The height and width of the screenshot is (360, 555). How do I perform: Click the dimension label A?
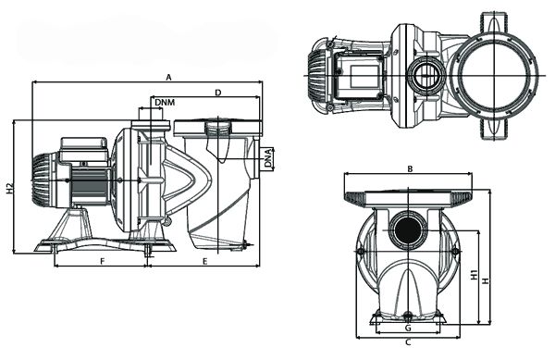(x=169, y=77)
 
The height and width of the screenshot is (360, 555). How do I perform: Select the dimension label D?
(x=218, y=93)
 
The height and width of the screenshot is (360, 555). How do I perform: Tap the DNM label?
(x=165, y=103)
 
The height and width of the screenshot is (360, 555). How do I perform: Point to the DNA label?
(x=268, y=158)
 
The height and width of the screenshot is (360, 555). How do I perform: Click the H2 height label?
(x=9, y=188)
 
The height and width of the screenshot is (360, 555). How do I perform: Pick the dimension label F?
(x=103, y=261)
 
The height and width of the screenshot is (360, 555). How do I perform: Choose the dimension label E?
(x=204, y=261)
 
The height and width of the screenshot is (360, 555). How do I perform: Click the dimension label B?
(x=410, y=168)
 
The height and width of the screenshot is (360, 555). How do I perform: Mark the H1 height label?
(x=475, y=275)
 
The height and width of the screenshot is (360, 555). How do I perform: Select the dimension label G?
(x=408, y=329)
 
